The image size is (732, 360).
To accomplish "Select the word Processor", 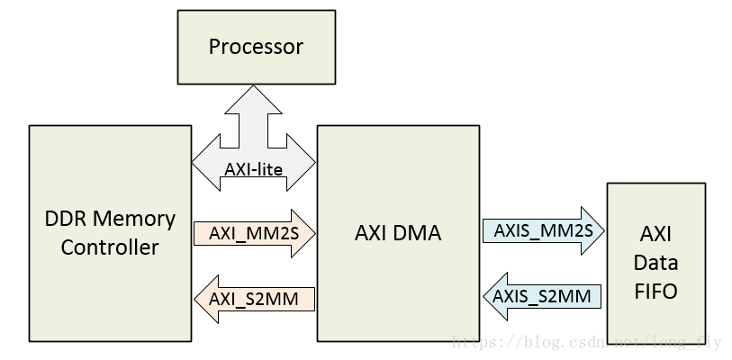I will click(x=257, y=46).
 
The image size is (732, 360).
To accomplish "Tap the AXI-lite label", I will click(x=255, y=167).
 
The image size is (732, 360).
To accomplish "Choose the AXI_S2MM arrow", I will click(x=254, y=298).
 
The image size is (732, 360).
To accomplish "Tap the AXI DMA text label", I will click(x=398, y=233).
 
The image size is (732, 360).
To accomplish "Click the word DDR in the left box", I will click(x=65, y=219).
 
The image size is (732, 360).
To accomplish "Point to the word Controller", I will click(x=110, y=247).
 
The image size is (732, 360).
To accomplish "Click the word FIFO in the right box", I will click(x=655, y=292).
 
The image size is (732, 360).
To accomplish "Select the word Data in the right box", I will click(x=655, y=264).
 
